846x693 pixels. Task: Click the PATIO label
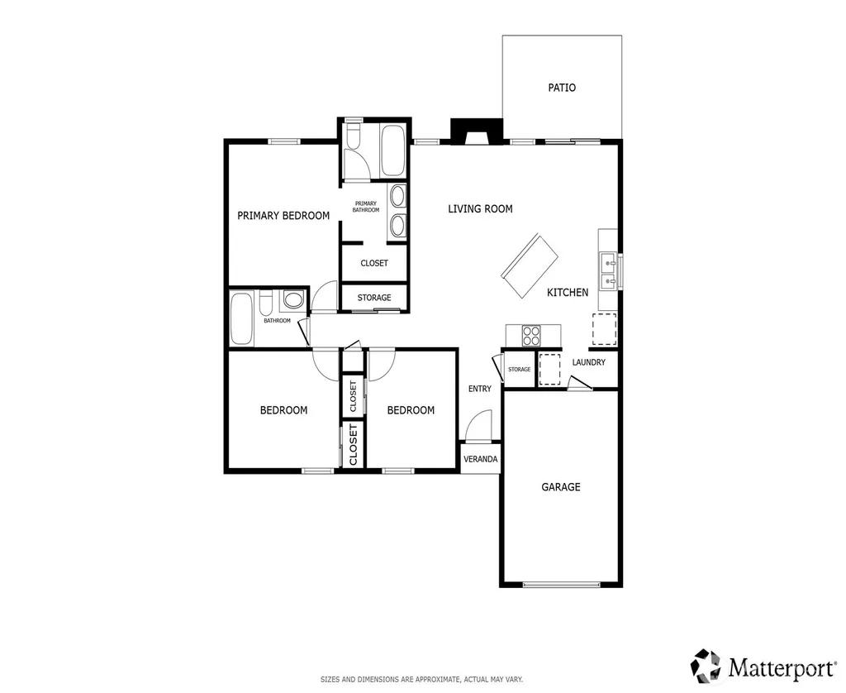(562, 88)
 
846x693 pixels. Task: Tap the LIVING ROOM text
(480, 209)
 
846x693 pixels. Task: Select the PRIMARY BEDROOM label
(283, 216)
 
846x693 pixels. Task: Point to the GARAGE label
(561, 487)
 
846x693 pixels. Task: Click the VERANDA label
(480, 459)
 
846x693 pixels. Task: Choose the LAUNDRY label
(588, 362)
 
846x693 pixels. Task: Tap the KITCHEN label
(568, 292)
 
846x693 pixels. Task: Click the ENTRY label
(480, 389)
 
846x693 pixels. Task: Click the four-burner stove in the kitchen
(531, 335)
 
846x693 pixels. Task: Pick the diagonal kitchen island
(530, 265)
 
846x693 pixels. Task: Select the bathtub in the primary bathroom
(392, 150)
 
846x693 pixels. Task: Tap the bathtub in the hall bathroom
(241, 318)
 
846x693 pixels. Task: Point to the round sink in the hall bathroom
(293, 300)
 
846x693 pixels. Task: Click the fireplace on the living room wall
(477, 131)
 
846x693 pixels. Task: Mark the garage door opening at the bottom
(561, 585)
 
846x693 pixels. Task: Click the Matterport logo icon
(706, 666)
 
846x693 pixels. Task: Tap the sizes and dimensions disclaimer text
(422, 680)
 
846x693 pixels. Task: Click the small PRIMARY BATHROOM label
(366, 207)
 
